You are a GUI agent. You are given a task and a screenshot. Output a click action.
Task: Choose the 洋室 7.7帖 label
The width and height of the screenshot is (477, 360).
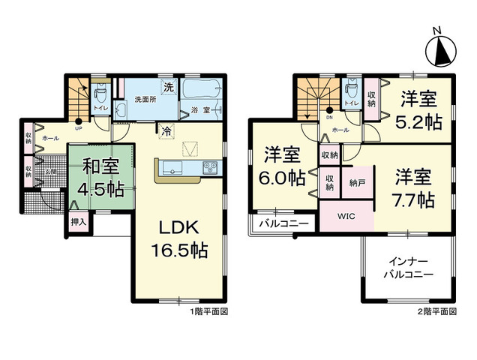point(413,188)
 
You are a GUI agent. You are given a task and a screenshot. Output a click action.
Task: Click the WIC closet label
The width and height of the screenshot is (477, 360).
point(345,217)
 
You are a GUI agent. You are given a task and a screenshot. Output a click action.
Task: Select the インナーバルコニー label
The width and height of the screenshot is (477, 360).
point(409,268)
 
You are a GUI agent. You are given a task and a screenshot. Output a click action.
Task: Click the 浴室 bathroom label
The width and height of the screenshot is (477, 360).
point(200,110)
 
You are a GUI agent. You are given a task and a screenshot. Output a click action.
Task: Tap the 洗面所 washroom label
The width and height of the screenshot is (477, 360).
point(145,98)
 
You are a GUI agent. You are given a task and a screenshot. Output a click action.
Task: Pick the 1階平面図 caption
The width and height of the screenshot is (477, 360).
point(208,310)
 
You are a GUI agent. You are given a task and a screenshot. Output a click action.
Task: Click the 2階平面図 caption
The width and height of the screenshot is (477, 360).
point(438,310)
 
